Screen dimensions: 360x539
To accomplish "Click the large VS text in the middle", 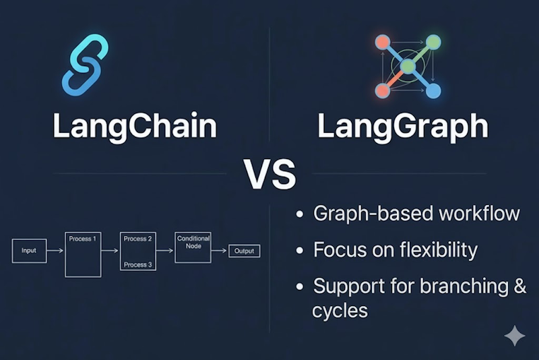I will pos(269,173).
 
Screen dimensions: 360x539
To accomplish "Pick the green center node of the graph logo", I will pos(408,66).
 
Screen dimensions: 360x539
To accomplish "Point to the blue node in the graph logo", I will pos(433,90).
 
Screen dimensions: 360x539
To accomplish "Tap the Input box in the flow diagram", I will pos(29,251).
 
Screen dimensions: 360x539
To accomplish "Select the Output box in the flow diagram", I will pos(244,251).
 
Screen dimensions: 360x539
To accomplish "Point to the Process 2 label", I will pos(138,239).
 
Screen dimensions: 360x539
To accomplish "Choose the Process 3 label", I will pos(138,265).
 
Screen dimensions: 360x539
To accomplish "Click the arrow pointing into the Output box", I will pos(220,251).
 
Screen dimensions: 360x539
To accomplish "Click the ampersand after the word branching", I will pos(519,286).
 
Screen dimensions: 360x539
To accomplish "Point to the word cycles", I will pos(340,310).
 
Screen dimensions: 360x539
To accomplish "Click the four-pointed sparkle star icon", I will pos(515,336).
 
